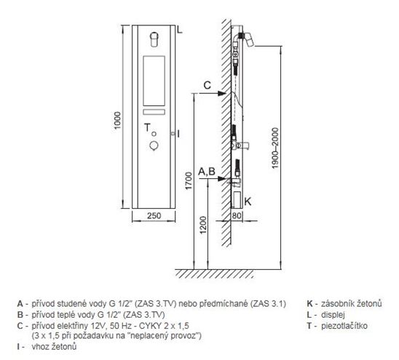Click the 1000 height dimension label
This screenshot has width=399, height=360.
[117, 120]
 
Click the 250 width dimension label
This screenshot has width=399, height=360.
[154, 215]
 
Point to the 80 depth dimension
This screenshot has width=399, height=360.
[237, 215]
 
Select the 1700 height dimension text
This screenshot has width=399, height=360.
[189, 181]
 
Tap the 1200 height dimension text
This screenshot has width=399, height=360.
[203, 225]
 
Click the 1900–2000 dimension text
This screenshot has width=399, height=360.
[275, 148]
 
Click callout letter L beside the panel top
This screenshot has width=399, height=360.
[180, 30]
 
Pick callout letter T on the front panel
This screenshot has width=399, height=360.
[147, 127]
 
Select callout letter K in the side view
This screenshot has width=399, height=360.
[248, 201]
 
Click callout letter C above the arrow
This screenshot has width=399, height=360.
[208, 85]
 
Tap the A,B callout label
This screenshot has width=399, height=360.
[207, 172]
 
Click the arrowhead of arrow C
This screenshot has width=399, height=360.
[222, 93]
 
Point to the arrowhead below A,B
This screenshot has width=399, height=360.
[222, 178]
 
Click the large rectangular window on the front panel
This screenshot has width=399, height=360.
[154, 81]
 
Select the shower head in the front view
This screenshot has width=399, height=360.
[154, 39]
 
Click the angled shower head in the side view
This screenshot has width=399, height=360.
[249, 39]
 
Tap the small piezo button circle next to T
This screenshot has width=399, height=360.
[154, 134]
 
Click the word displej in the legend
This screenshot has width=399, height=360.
[333, 315]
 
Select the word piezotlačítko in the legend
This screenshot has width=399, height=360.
[344, 326]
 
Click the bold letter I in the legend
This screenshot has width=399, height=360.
[19, 346]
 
